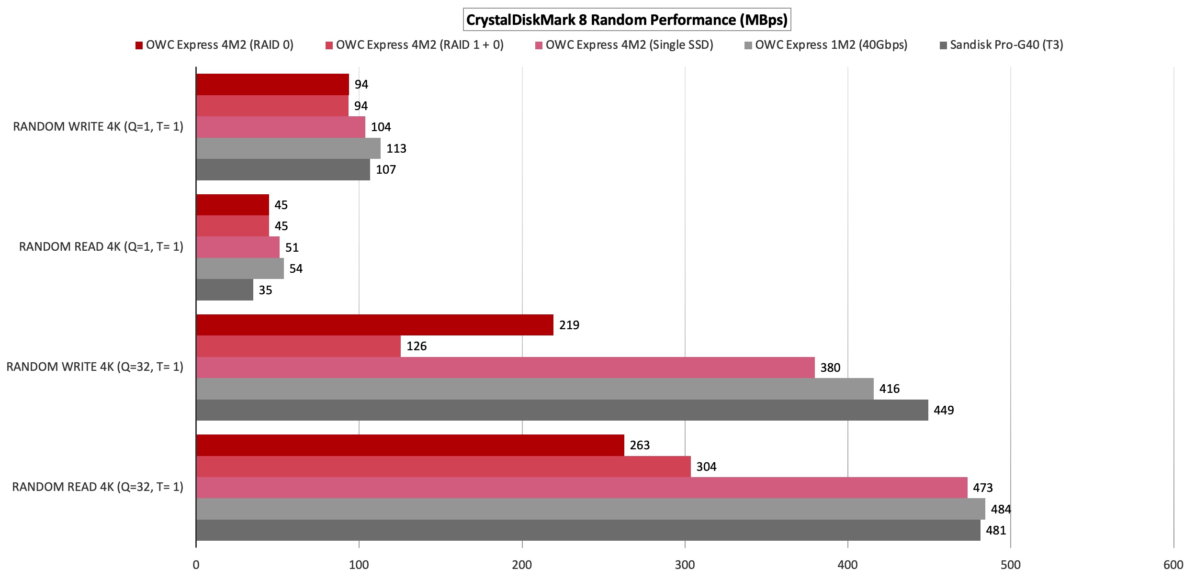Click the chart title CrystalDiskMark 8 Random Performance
627,20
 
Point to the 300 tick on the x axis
685,565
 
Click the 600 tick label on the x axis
1173,565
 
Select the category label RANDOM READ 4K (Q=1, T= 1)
101,247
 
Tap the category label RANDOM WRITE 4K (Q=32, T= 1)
95,367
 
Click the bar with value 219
374,325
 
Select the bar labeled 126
298,346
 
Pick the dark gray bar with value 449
562,410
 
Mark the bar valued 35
225,290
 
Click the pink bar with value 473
582,488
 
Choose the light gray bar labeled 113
288,148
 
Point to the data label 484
1001,509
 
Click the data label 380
830,367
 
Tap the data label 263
640,445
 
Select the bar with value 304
443,467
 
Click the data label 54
296,269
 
